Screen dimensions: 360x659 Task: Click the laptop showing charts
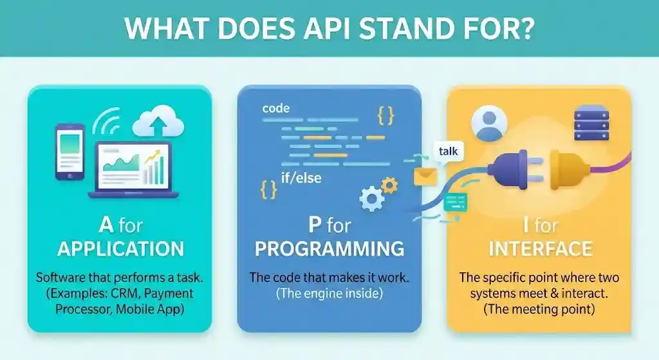pyautogui.click(x=134, y=169)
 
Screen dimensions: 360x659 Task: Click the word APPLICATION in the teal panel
pyautogui.click(x=120, y=249)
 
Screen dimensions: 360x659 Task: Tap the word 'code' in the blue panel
pyautogui.click(x=275, y=108)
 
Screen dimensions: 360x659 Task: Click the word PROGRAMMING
pyautogui.click(x=329, y=249)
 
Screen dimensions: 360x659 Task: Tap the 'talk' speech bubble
pyautogui.click(x=448, y=151)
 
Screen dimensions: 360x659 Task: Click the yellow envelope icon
pyautogui.click(x=425, y=176)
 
